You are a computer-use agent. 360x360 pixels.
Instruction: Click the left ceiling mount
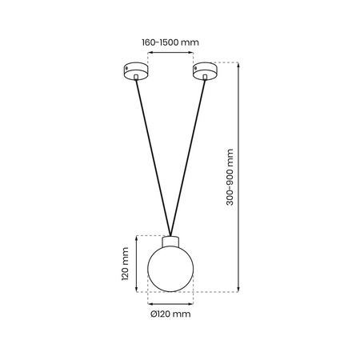point(136,72)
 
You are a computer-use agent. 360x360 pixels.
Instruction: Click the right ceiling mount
point(204,72)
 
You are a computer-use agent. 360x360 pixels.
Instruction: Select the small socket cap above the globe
point(170,241)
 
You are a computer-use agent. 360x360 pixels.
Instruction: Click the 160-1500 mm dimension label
point(170,42)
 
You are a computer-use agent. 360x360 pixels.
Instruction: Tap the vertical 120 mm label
point(125,264)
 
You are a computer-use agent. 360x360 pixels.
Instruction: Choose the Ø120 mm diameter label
point(170,314)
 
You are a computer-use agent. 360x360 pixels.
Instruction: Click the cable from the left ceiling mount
point(152,152)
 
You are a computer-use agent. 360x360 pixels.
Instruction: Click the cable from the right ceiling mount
point(188,152)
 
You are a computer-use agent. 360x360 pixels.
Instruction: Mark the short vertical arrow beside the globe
point(138,264)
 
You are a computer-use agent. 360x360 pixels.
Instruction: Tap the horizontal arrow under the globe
point(170,302)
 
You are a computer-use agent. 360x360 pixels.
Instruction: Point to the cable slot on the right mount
point(203,78)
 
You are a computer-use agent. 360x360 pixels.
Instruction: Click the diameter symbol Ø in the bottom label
point(154,314)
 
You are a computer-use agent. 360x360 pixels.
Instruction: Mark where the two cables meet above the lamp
point(170,233)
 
